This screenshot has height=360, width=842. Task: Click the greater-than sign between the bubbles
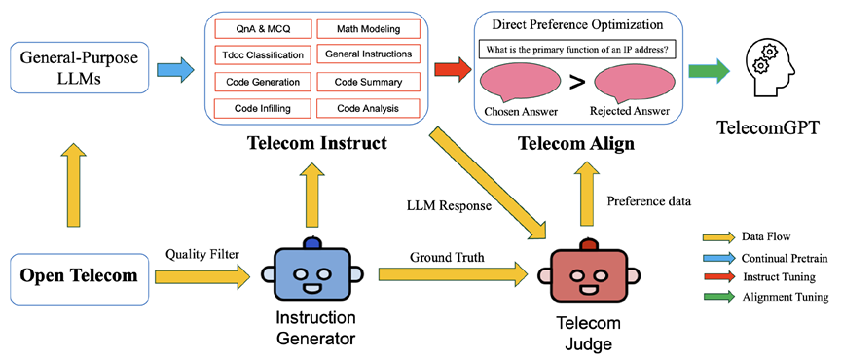(577, 83)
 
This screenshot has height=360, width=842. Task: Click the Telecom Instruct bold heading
(317, 145)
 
